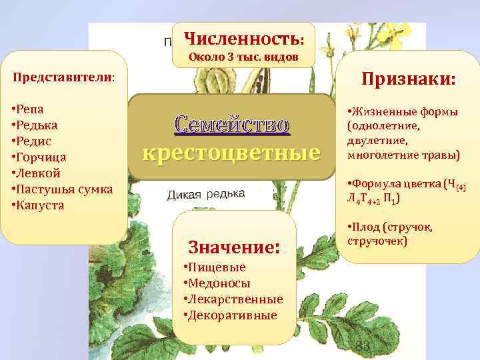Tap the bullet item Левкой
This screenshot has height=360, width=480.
37,173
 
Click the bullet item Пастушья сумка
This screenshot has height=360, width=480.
64,189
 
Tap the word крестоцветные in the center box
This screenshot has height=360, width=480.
231,153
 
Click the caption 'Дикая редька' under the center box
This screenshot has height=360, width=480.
205,193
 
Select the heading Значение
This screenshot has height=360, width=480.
233,247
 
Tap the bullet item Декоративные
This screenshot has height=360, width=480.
231,315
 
